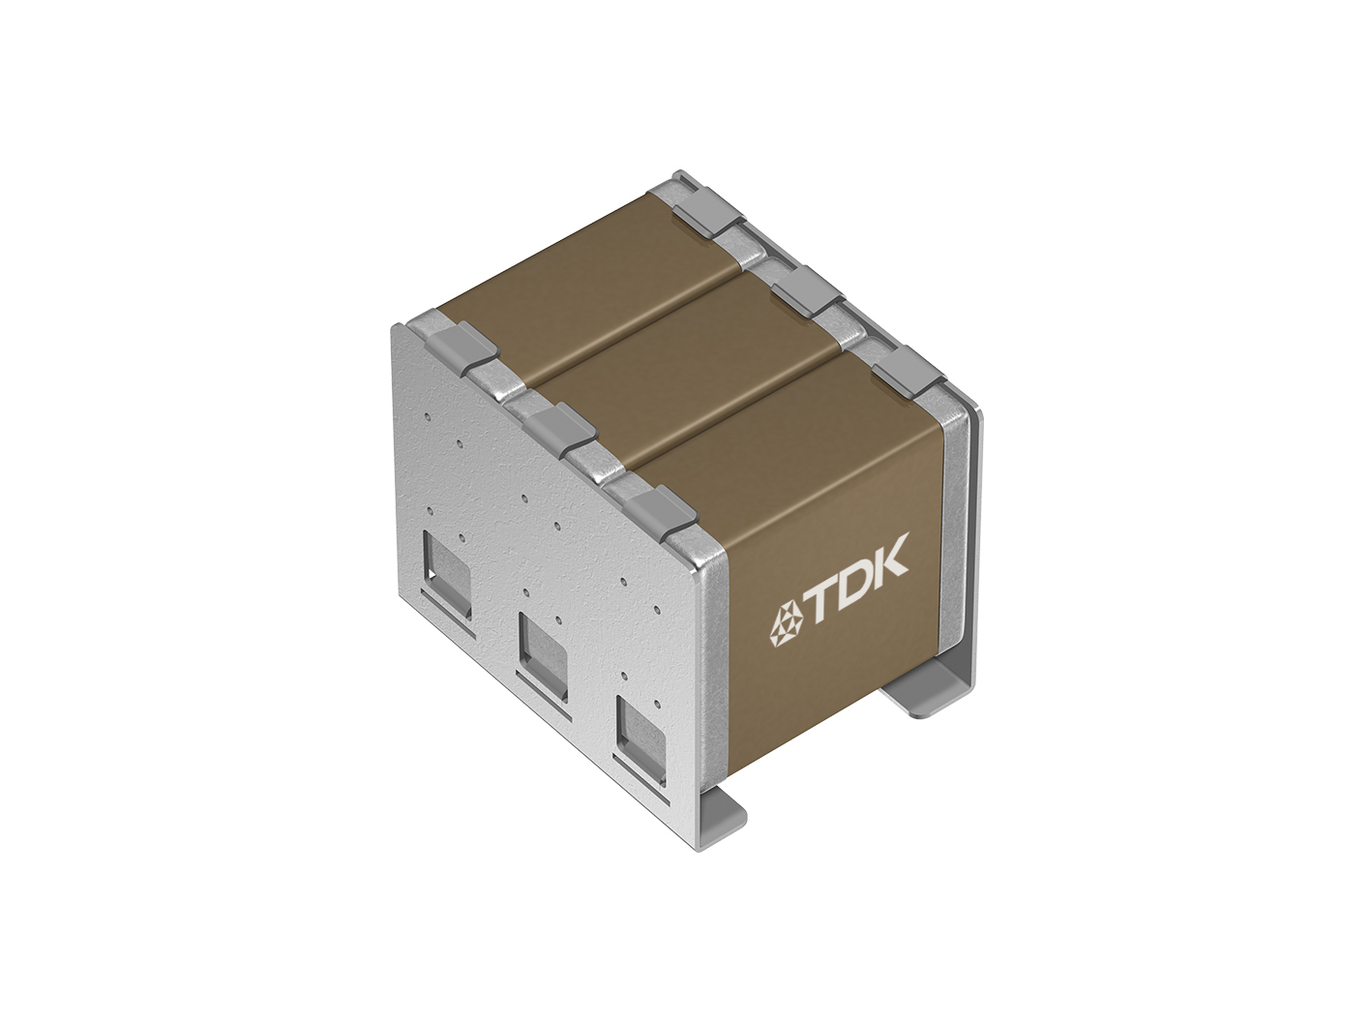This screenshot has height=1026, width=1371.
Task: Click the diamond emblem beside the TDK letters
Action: [783, 625]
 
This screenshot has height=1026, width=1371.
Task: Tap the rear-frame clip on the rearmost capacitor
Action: [710, 213]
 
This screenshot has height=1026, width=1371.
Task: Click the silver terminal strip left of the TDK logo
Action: [716, 658]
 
